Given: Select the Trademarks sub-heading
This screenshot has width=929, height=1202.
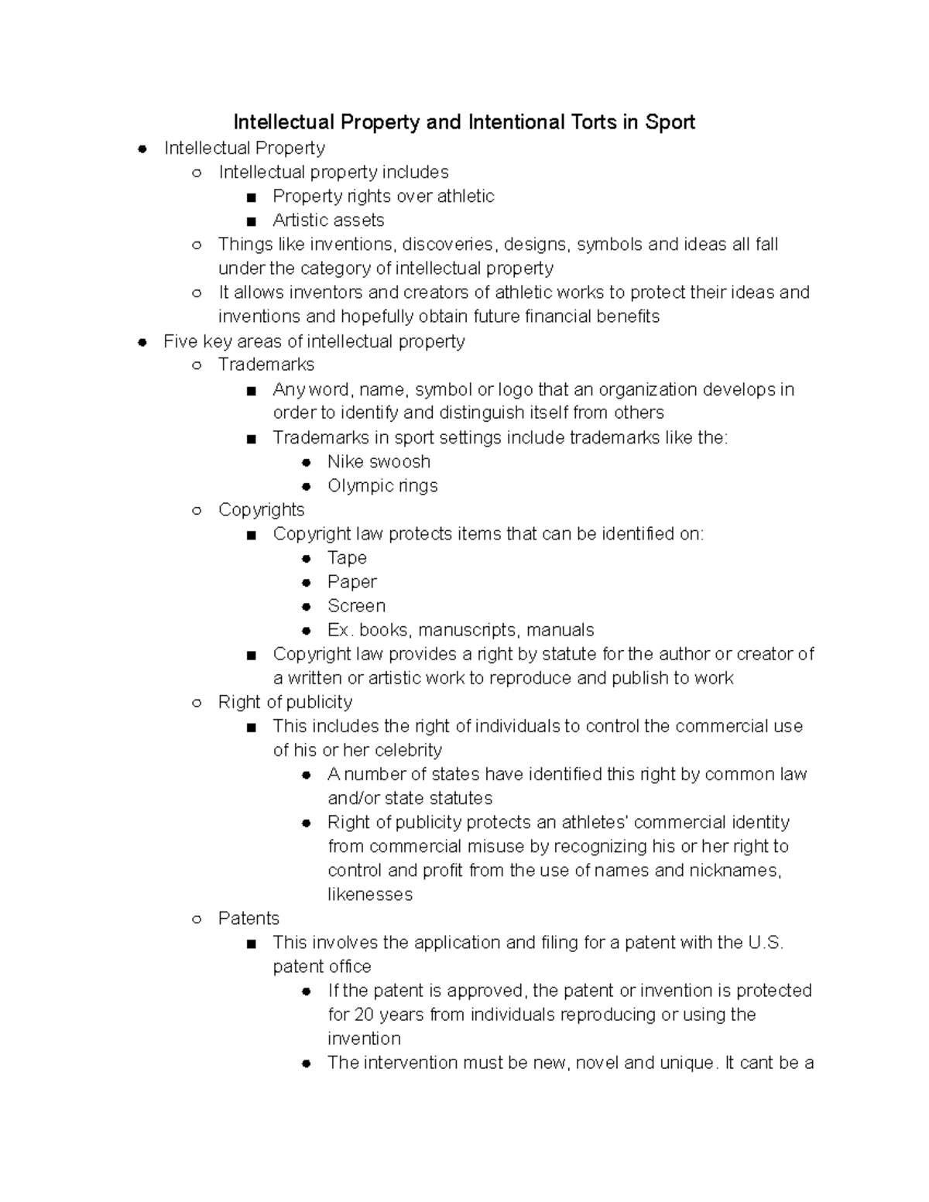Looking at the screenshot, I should coord(266,365).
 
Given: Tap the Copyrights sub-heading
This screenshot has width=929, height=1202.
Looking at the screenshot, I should coord(261,510).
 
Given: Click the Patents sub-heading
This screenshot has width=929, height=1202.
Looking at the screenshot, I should coord(249,919).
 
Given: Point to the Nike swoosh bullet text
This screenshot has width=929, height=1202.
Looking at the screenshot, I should coord(379,462).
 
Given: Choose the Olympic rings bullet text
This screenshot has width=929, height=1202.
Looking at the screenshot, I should coord(382,486).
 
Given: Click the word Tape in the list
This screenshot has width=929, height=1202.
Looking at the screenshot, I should coord(347,558).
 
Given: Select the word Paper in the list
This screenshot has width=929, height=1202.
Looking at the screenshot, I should coord(352,582).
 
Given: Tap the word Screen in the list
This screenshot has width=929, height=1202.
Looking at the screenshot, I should coord(356,606).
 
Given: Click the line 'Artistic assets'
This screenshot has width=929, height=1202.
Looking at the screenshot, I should coord(328,221).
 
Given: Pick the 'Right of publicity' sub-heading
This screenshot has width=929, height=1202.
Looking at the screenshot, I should coord(285,703).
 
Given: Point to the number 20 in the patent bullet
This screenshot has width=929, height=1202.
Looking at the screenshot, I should coord(364,1015).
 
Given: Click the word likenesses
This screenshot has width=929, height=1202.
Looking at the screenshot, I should coord(370,895).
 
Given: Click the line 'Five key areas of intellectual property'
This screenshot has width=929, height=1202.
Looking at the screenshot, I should coord(314,341).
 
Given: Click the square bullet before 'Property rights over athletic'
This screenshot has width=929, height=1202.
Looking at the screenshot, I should coord(250,197).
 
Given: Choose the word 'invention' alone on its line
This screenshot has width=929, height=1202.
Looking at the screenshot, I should coord(364,1039).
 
